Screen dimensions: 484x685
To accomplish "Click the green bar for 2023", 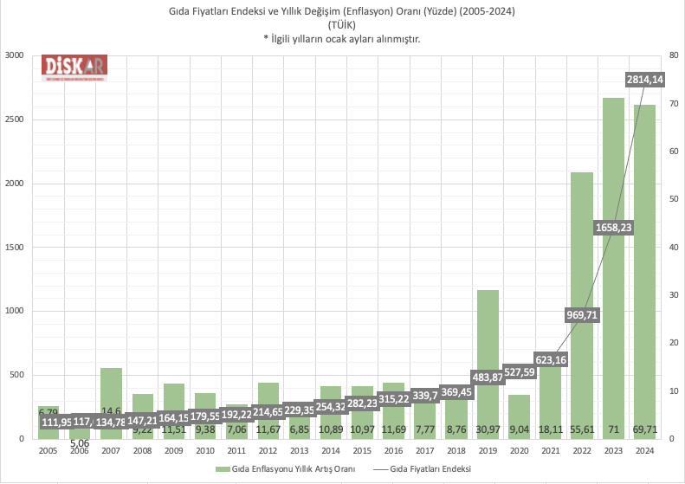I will point(613,260).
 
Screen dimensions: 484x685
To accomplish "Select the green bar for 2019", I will point(488,346).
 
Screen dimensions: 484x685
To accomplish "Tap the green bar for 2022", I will point(582,260).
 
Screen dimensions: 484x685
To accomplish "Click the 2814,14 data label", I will point(644,80).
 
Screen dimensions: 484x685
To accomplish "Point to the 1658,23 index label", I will point(613,227).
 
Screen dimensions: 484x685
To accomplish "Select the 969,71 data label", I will point(582,314).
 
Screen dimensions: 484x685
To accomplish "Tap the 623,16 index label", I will point(551,358).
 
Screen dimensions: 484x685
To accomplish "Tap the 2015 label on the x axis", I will point(362,450).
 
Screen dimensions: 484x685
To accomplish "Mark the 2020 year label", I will point(519,450).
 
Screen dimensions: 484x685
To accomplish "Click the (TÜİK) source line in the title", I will point(342,25).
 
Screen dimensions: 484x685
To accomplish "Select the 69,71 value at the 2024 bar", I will point(644,428).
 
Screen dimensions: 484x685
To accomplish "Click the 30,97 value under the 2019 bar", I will point(488,428).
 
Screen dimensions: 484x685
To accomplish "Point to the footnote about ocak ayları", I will point(342,39).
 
